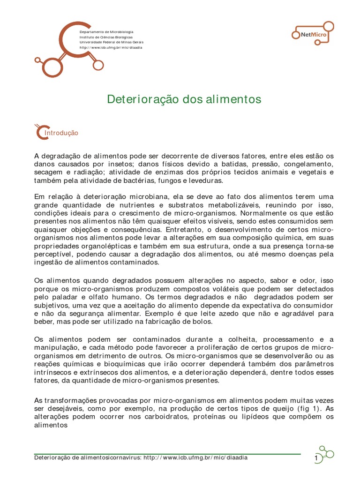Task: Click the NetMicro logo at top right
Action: click(x=312, y=33)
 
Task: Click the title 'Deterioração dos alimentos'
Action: click(x=184, y=99)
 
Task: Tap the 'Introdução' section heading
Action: click(x=60, y=133)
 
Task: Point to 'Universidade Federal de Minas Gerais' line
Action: click(x=111, y=42)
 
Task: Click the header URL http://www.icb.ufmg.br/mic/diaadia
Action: click(x=111, y=47)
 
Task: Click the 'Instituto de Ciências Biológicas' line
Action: click(x=106, y=37)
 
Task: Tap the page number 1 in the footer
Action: click(x=316, y=457)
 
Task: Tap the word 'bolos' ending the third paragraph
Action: click(x=202, y=322)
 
